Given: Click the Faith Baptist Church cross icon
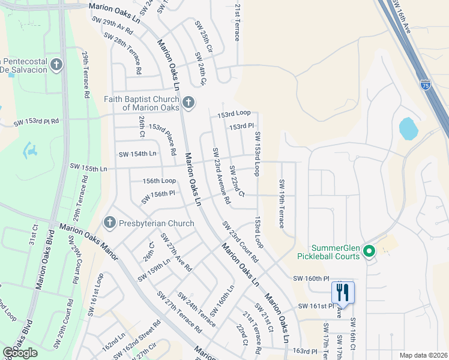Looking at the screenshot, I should [188, 103].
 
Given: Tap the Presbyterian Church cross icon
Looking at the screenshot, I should [109, 223].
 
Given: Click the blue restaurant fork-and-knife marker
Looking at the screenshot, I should [343, 293].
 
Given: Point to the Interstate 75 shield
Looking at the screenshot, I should [425, 85].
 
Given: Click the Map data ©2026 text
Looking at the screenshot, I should [424, 355].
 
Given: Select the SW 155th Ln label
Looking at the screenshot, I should [88, 166].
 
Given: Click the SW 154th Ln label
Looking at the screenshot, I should [137, 154].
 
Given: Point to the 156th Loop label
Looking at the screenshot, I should [159, 181].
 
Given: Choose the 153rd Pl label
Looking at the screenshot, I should [242, 126].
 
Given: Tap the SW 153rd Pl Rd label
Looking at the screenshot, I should [37, 121].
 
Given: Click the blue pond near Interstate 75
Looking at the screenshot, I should [408, 128].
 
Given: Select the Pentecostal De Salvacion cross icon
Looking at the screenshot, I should [57, 64].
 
